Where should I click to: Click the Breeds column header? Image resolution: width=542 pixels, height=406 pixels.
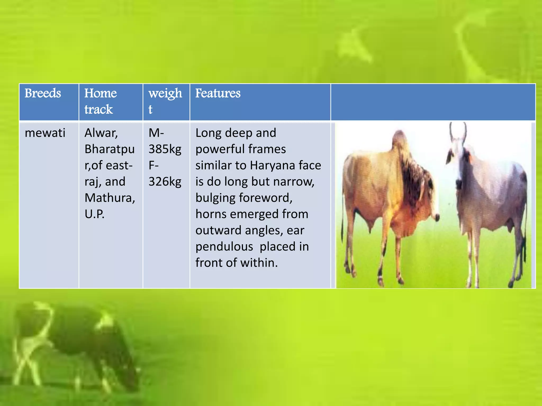(x=43, y=93)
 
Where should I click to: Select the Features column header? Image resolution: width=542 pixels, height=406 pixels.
(x=218, y=93)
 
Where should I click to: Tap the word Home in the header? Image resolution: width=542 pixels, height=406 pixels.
(x=101, y=93)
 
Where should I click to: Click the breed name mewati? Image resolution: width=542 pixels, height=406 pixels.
(x=45, y=133)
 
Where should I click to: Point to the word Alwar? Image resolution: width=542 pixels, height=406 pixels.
(x=101, y=133)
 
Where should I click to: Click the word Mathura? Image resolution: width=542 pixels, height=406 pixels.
(x=110, y=198)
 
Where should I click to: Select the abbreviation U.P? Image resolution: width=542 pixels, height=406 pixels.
(x=94, y=214)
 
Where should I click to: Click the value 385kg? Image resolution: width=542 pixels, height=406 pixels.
(x=165, y=149)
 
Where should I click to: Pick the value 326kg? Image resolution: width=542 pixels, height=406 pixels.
(x=165, y=182)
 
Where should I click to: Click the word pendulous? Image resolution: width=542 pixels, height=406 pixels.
(x=224, y=247)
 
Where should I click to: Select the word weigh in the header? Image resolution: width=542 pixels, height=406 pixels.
(x=165, y=93)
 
